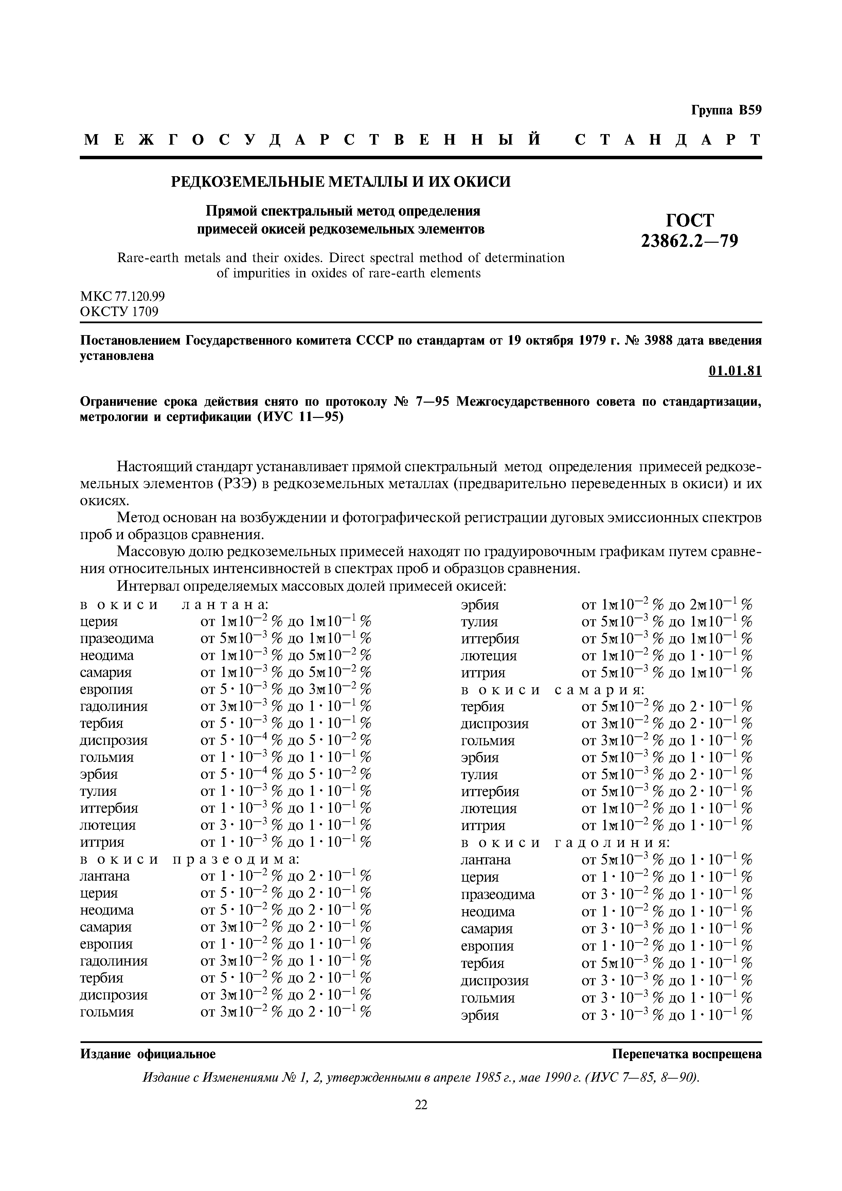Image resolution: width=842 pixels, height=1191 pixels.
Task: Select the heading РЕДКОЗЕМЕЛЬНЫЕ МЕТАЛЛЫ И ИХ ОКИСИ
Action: click(341, 182)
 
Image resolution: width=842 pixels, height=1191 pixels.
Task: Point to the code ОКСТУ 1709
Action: click(119, 311)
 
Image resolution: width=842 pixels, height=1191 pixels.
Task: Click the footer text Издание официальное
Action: click(148, 1054)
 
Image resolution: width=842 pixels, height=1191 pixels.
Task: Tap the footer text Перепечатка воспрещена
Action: click(687, 1054)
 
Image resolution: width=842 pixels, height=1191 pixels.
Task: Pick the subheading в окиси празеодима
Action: click(190, 859)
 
